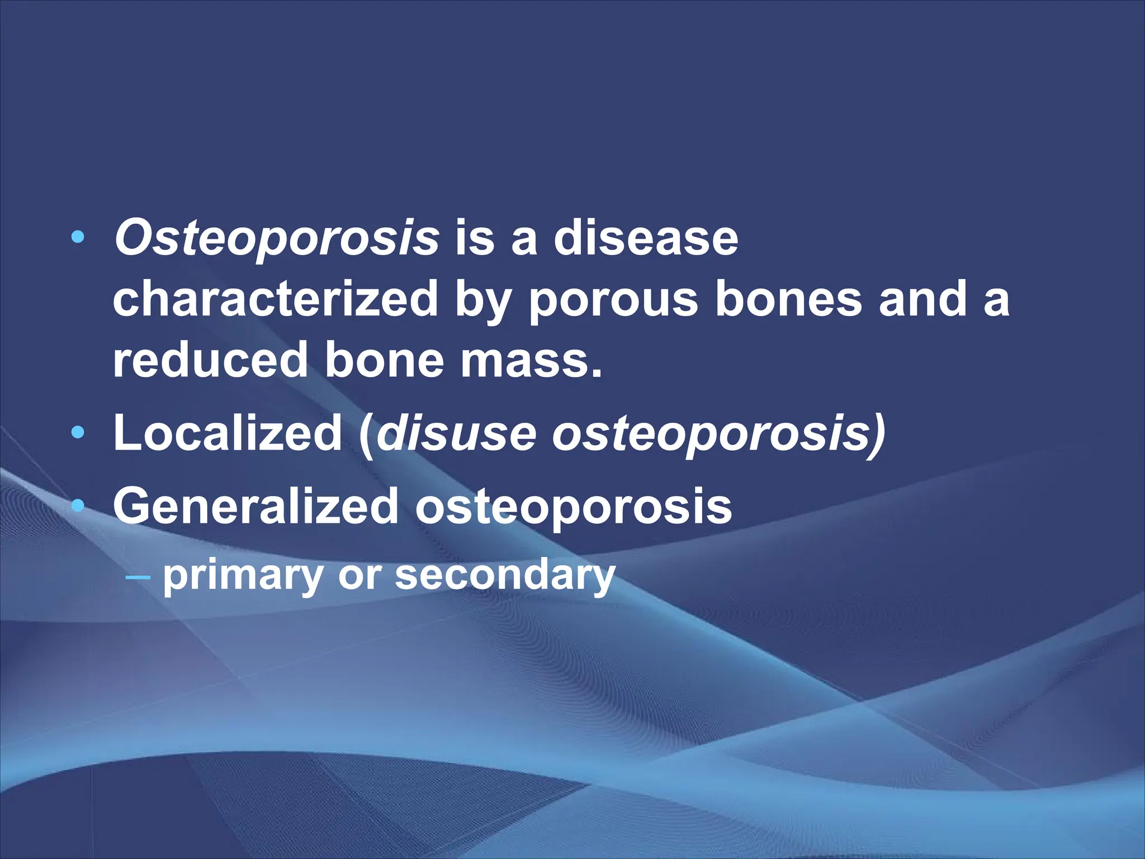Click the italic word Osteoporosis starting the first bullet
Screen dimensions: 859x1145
tap(276, 239)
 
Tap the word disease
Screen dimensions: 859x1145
tap(646, 239)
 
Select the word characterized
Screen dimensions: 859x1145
tap(275, 299)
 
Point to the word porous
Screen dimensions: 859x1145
tap(613, 299)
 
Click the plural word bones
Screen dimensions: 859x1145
tap(788, 299)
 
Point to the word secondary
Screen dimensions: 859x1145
tap(505, 575)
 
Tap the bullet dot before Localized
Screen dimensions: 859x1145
tap(78, 433)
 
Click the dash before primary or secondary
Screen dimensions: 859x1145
tap(138, 575)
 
